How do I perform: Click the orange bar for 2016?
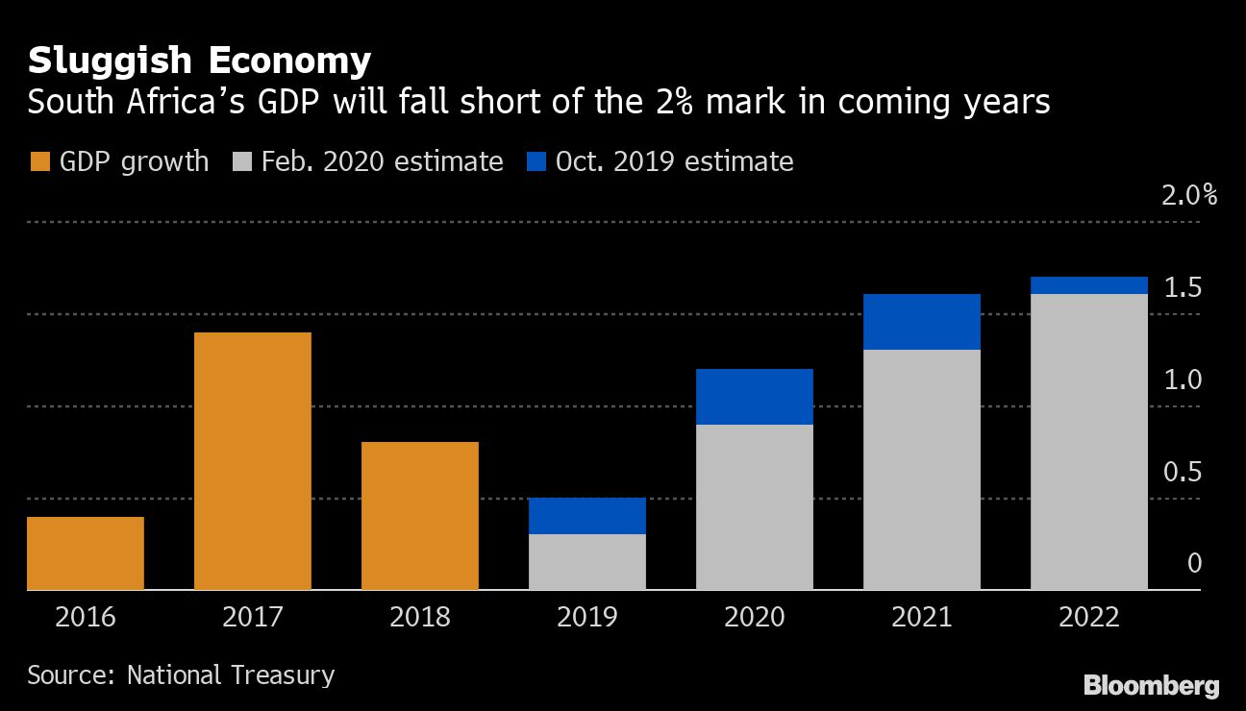86,553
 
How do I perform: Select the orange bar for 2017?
253,461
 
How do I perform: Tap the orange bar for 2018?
420,516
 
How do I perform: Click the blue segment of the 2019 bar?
587,516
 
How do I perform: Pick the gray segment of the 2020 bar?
755,507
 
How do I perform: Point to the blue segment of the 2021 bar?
922,322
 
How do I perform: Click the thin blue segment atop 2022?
1089,285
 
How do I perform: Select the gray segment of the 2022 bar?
1089,442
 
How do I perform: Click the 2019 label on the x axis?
587,617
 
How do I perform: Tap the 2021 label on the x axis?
922,617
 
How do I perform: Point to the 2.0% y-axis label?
1189,196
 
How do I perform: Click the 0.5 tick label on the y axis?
1182,473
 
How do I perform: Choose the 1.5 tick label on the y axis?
1182,288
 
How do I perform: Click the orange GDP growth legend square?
39,161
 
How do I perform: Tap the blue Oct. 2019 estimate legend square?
536,161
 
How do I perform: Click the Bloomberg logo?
1152,686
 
